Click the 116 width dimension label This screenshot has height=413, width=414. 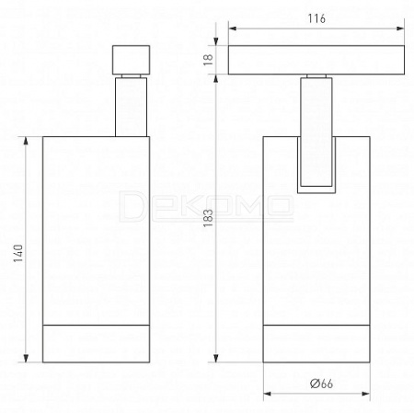click(316, 18)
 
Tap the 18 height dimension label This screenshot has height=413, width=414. click(208, 60)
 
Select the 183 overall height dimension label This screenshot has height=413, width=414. click(208, 218)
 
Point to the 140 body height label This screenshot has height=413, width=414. click(18, 253)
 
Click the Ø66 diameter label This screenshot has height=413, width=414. click(321, 384)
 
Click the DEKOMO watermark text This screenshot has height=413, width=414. click(206, 206)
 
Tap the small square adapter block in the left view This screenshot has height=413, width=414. click(131, 60)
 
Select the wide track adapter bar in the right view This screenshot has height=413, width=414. click(316, 60)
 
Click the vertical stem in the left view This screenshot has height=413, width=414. click(131, 107)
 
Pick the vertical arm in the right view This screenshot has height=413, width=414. click(316, 132)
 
